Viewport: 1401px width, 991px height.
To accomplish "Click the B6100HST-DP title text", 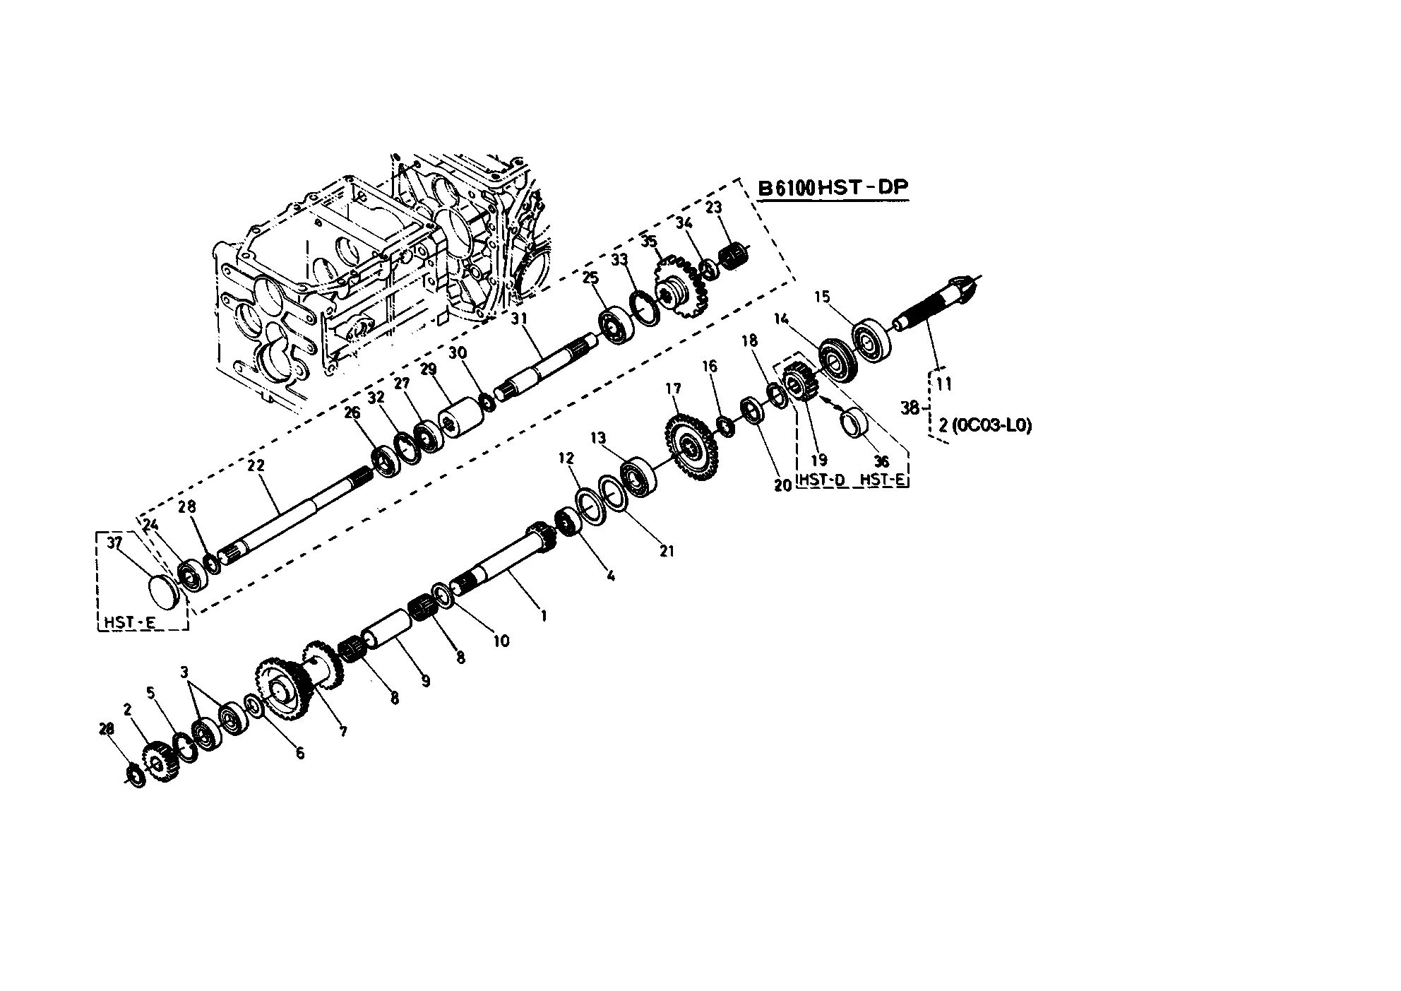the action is pos(833,188).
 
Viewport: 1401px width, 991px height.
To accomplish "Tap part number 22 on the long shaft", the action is pos(256,465).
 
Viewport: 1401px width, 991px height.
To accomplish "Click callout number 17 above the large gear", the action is pos(673,388).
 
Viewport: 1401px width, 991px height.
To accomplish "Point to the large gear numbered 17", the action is pos(688,446).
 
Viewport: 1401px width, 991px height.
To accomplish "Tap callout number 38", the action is pos(910,408).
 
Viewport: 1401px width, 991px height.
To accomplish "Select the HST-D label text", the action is pos(821,480).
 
